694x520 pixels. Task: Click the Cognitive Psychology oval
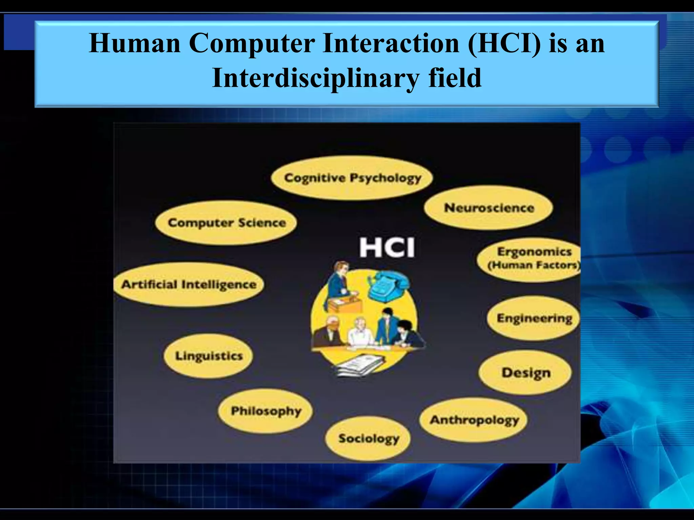click(352, 178)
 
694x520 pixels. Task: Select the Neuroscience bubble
click(489, 208)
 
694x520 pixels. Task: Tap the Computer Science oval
click(226, 223)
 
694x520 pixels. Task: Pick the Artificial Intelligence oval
click(189, 284)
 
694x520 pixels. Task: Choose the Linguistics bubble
click(208, 356)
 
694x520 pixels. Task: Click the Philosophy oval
click(265, 411)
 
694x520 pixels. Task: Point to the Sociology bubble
click(368, 438)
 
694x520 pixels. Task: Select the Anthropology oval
click(474, 420)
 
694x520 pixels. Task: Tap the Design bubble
click(526, 372)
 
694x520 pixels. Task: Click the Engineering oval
click(534, 318)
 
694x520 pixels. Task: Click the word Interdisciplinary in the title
click(315, 78)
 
